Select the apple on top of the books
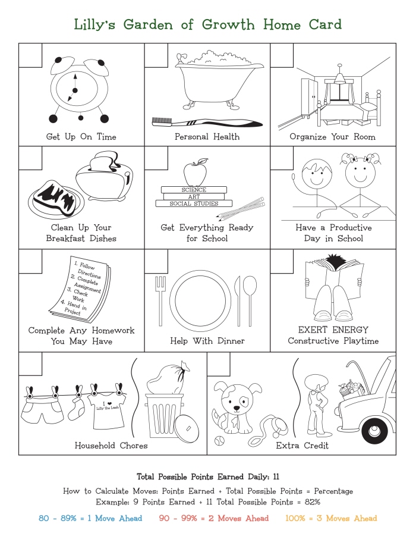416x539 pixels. [x=194, y=173]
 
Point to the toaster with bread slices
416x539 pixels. [x=105, y=176]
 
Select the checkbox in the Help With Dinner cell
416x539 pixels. [x=156, y=260]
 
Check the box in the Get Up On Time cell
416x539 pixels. [x=30, y=55]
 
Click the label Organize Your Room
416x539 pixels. [x=332, y=137]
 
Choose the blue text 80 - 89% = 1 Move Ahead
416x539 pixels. [x=90, y=518]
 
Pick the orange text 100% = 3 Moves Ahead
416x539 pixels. [x=330, y=518]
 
